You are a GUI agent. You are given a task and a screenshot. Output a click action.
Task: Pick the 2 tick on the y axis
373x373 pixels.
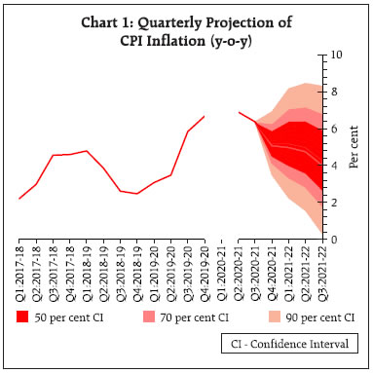(x=337, y=203)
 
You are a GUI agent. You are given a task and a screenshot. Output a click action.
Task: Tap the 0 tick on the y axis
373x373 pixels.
(x=337, y=240)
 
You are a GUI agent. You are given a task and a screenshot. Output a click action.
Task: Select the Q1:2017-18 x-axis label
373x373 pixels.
(x=21, y=274)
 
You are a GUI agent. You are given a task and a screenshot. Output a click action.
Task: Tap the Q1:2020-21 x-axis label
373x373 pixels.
(x=224, y=274)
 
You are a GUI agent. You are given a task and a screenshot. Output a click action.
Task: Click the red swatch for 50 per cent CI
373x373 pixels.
(x=22, y=317)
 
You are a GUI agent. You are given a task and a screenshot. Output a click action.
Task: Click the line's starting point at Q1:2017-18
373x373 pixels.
(x=21, y=199)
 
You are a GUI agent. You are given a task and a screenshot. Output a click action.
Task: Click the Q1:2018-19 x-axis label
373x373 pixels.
(x=88, y=274)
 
